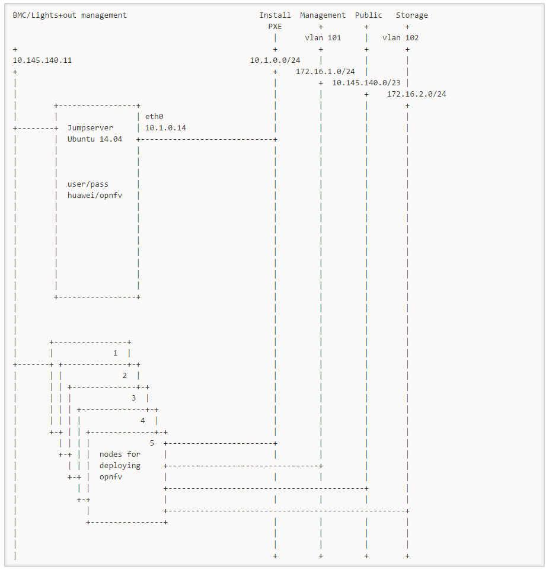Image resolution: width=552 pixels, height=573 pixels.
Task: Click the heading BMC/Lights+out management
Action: click(x=69, y=15)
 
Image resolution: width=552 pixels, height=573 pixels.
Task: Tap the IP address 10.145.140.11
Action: click(x=42, y=60)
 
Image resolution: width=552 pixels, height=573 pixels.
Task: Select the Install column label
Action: click(x=275, y=15)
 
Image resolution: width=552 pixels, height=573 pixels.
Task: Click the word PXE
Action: click(x=275, y=27)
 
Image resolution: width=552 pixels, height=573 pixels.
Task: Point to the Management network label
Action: click(x=323, y=15)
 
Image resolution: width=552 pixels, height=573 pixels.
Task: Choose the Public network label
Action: click(x=369, y=15)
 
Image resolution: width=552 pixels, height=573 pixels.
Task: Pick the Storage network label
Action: click(x=412, y=15)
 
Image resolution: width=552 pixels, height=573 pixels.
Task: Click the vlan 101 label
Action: click(x=323, y=38)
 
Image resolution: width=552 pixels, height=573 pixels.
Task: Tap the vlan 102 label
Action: click(x=401, y=38)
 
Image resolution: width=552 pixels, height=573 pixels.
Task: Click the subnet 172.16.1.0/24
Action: click(x=326, y=72)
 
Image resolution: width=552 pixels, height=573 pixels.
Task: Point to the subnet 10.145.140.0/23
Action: click(x=366, y=83)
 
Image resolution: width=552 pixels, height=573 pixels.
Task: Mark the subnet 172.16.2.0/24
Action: click(x=417, y=94)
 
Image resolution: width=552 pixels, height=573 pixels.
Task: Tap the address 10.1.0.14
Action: click(x=165, y=128)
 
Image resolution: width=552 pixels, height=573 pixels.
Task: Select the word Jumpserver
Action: click(x=90, y=128)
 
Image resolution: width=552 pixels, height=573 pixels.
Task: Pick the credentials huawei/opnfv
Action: click(x=95, y=196)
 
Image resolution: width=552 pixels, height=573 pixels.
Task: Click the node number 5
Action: click(x=152, y=443)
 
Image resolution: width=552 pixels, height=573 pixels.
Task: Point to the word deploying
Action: click(x=120, y=466)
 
